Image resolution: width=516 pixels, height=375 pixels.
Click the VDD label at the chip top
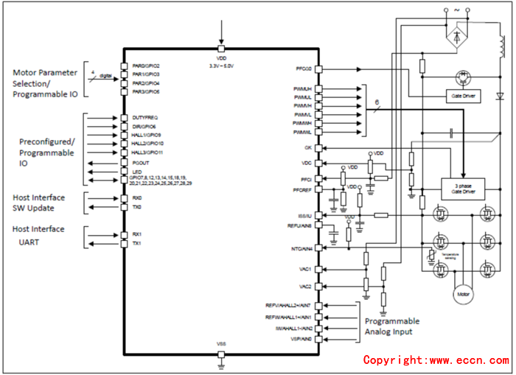point(221,57)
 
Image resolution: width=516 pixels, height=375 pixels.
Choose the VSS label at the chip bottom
point(220,344)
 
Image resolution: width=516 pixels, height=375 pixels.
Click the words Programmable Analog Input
point(392,326)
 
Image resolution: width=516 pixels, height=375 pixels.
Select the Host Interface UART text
point(38,235)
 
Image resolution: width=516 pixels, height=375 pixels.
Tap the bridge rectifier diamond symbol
point(457,34)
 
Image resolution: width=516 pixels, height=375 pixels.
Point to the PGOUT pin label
point(141,163)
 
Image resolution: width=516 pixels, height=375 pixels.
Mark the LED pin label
point(137,172)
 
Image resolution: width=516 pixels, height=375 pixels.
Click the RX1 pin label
point(136,234)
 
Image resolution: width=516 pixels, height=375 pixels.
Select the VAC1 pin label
point(305,269)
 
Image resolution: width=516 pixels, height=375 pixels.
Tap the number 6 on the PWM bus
point(377,102)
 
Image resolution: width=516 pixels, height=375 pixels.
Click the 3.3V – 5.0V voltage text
point(221,66)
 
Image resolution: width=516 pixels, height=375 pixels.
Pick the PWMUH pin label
point(303,88)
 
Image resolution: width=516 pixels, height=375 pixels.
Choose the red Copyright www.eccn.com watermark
point(436,360)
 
